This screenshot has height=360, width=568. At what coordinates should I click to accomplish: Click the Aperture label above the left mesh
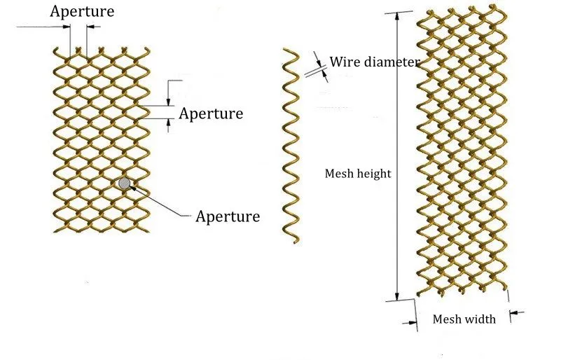(x=82, y=12)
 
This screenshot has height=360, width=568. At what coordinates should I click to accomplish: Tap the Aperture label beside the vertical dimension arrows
(x=211, y=114)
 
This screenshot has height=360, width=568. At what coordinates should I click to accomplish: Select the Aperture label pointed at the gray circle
(x=228, y=216)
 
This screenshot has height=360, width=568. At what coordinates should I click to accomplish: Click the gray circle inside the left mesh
(x=124, y=184)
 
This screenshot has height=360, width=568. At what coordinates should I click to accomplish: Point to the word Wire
(x=345, y=62)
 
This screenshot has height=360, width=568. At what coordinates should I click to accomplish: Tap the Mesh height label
(x=358, y=174)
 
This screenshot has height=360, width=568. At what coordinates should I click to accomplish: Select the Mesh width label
(x=464, y=319)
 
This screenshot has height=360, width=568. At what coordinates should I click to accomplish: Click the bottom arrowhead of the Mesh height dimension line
(x=397, y=296)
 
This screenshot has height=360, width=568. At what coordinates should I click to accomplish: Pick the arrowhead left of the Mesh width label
(x=412, y=322)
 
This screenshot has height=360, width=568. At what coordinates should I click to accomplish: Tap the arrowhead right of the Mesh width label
(x=514, y=312)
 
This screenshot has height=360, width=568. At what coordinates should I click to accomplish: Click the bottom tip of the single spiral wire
(x=296, y=242)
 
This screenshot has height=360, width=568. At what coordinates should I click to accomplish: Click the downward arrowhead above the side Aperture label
(x=169, y=102)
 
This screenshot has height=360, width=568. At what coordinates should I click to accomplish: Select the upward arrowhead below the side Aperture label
(x=169, y=123)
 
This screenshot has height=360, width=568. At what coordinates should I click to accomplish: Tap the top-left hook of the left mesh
(x=55, y=50)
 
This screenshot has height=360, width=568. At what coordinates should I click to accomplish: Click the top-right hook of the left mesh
(x=148, y=50)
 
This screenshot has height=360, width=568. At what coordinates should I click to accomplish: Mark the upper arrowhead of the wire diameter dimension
(x=319, y=62)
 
